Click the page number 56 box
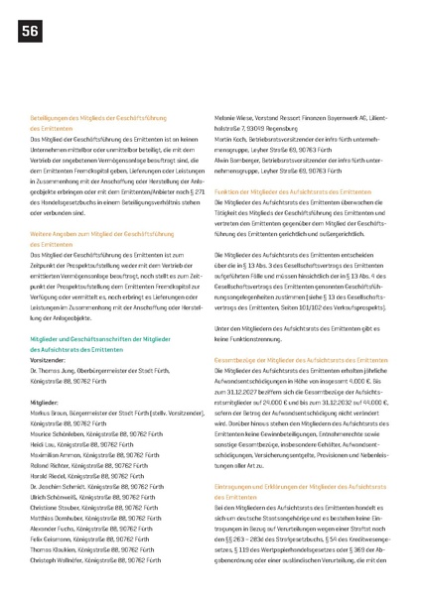(28, 33)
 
